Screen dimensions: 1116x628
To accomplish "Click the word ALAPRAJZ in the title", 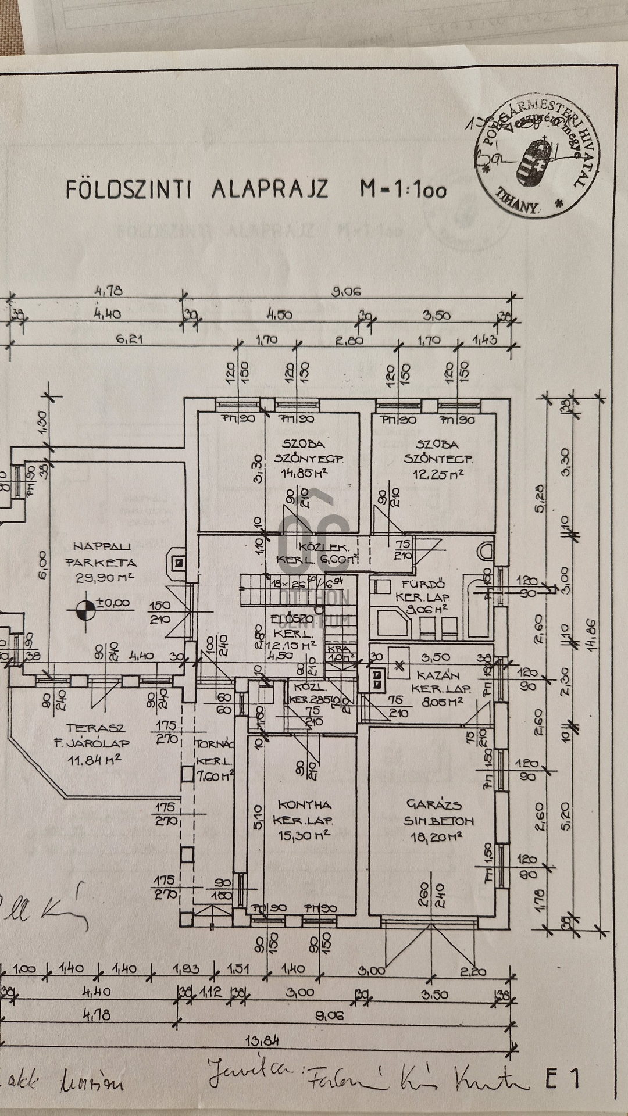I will pyautogui.click(x=270, y=189).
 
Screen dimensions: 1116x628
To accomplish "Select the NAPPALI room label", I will pyautogui.click(x=102, y=546).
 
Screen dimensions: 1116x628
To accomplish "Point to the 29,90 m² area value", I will pyautogui.click(x=105, y=577).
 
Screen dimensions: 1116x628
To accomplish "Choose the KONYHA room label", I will pyautogui.click(x=304, y=805).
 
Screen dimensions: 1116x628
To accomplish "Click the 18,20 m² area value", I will pyautogui.click(x=434, y=836).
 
